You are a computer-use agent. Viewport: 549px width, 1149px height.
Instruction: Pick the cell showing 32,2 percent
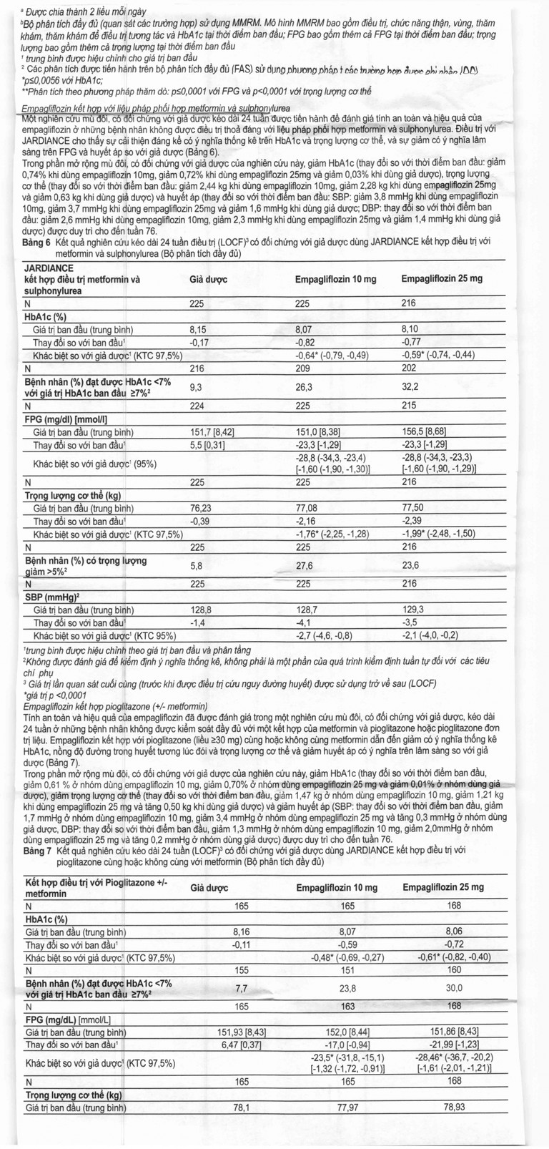[411, 386]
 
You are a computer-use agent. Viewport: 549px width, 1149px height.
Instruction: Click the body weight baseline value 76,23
[199, 507]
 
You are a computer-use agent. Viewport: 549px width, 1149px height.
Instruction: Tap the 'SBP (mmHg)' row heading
[51, 597]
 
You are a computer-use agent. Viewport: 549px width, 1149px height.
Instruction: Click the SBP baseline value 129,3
[413, 610]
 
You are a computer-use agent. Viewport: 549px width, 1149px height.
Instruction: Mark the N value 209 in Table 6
[303, 368]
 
